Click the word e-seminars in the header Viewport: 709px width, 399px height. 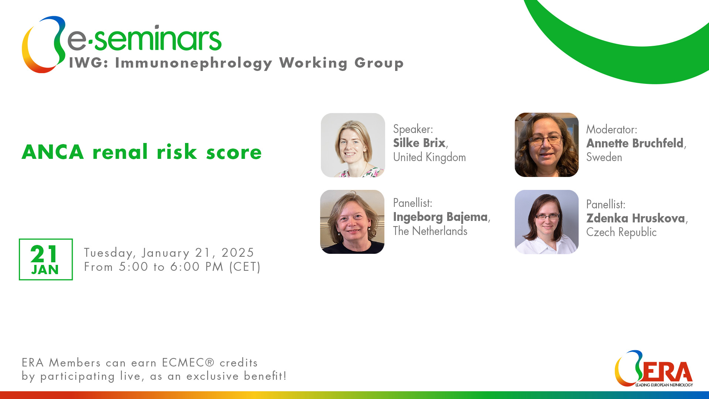[144, 38]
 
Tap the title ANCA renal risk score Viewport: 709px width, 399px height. [142, 152]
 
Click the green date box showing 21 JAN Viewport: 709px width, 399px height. [46, 259]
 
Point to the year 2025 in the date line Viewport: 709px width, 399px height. [238, 253]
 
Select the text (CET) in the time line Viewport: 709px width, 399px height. [245, 267]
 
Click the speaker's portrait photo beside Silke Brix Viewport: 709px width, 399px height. [353, 145]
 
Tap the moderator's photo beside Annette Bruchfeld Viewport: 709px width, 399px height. [547, 145]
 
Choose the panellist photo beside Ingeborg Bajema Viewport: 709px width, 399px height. [352, 222]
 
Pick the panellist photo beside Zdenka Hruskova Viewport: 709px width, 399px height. [547, 222]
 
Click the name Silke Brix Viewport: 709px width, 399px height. [419, 143]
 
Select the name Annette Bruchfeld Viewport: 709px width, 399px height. [635, 143]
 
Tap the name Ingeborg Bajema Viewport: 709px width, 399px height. [440, 217]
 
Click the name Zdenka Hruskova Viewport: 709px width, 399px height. [636, 218]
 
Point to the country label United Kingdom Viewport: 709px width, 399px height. [429, 157]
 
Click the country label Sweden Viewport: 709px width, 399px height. [604, 157]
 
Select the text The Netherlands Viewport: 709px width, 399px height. [430, 231]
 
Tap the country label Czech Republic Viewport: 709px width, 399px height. [621, 232]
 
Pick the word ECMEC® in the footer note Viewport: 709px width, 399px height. [188, 363]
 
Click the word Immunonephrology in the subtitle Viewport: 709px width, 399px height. [194, 63]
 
